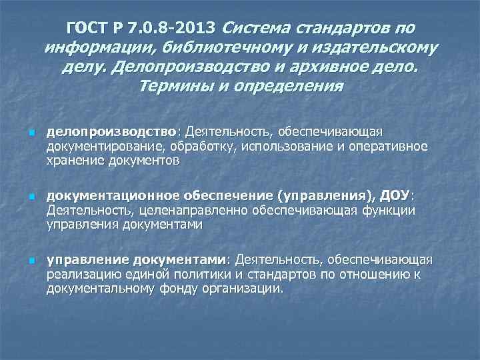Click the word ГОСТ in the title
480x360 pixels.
coord(89,29)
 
